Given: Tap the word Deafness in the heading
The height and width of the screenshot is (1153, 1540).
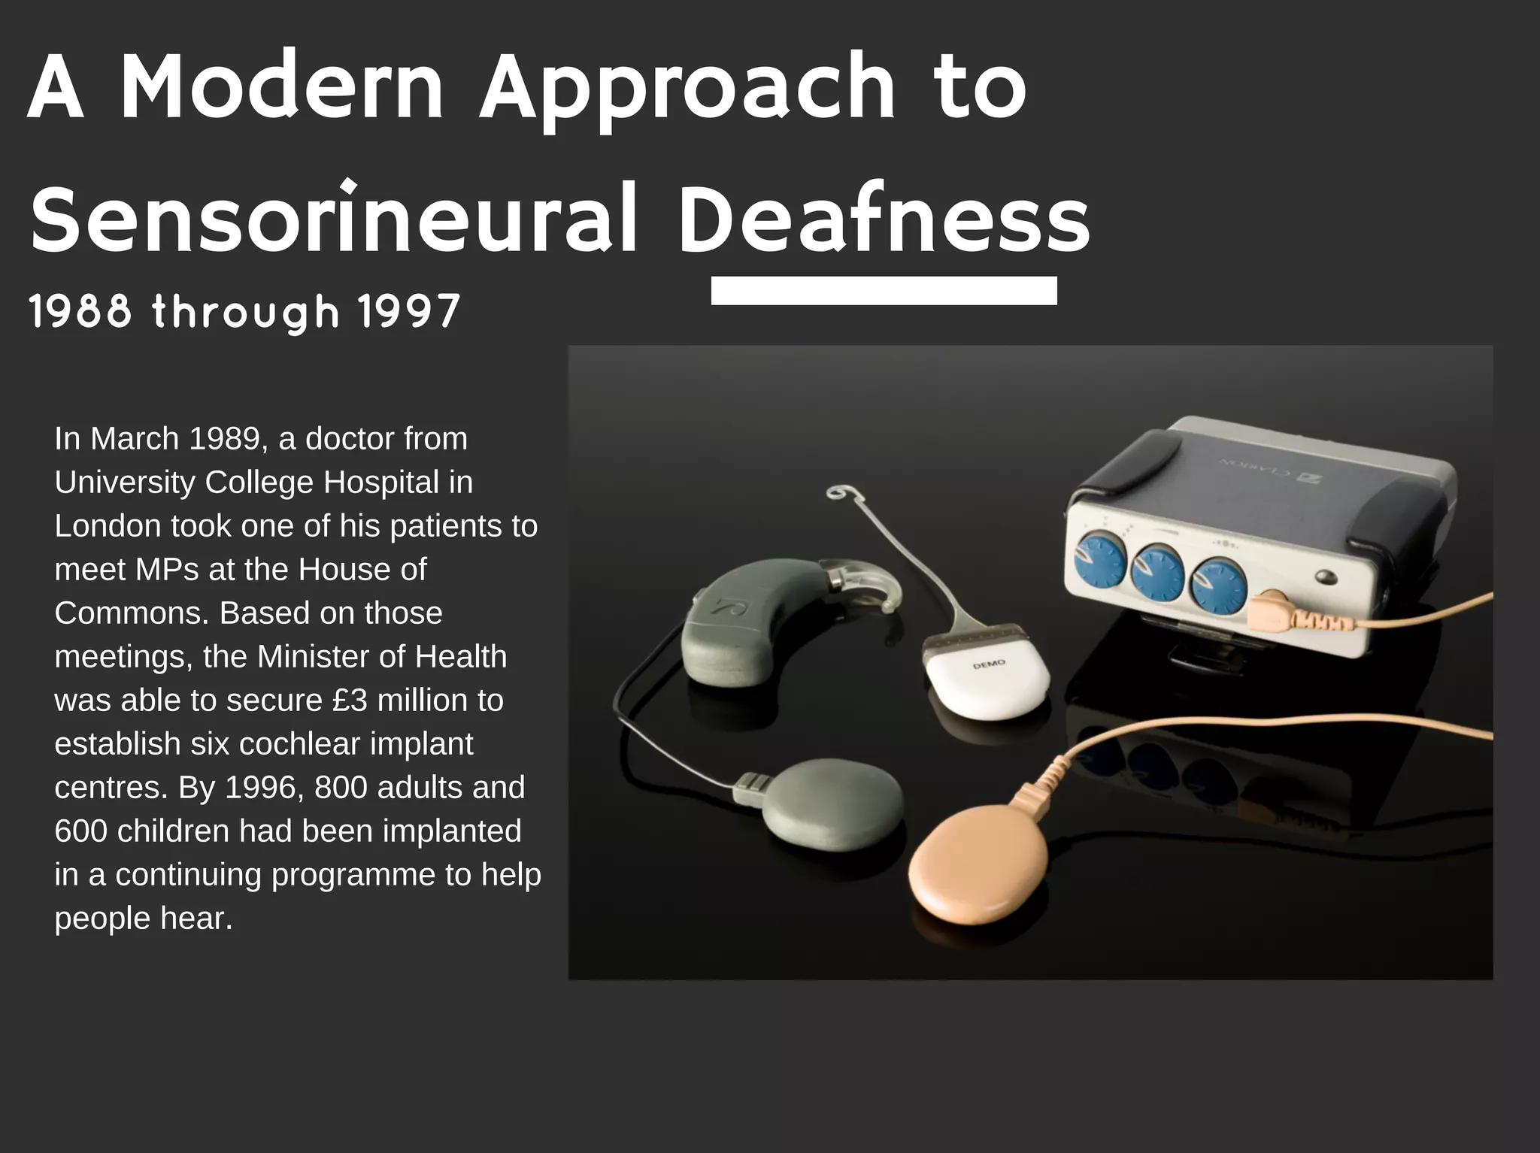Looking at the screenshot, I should pyautogui.click(x=884, y=218).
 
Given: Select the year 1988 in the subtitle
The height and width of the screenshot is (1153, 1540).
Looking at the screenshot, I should pyautogui.click(x=80, y=311).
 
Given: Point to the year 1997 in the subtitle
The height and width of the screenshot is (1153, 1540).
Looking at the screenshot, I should pyautogui.click(x=408, y=311).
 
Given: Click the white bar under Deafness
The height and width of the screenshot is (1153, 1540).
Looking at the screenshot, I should pyautogui.click(x=884, y=291).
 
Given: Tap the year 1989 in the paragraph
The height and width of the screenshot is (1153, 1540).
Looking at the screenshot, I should pyautogui.click(x=223, y=438).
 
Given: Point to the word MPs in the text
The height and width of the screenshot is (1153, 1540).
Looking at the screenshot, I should pyautogui.click(x=167, y=569).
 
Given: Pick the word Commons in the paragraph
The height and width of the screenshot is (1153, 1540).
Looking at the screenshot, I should pyautogui.click(x=132, y=613).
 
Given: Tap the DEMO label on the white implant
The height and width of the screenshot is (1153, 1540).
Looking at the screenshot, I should pyautogui.click(x=988, y=664).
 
